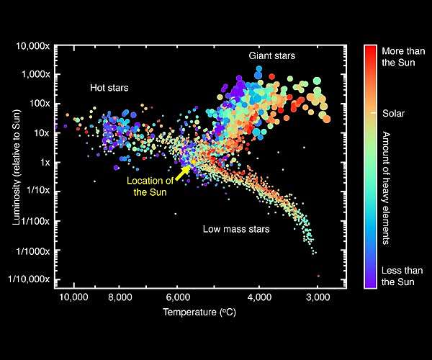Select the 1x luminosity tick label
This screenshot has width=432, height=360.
pyautogui.click(x=45, y=163)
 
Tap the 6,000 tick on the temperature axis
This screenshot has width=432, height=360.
pyautogui.click(x=177, y=297)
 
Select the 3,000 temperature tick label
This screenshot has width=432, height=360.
pyautogui.click(x=318, y=297)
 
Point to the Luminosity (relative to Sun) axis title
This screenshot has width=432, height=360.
pyautogui.click(x=15, y=163)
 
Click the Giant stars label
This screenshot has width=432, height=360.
pyautogui.click(x=272, y=55)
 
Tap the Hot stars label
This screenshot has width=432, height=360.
pyautogui.click(x=109, y=88)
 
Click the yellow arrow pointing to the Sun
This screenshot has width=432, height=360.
pyautogui.click(x=183, y=172)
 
